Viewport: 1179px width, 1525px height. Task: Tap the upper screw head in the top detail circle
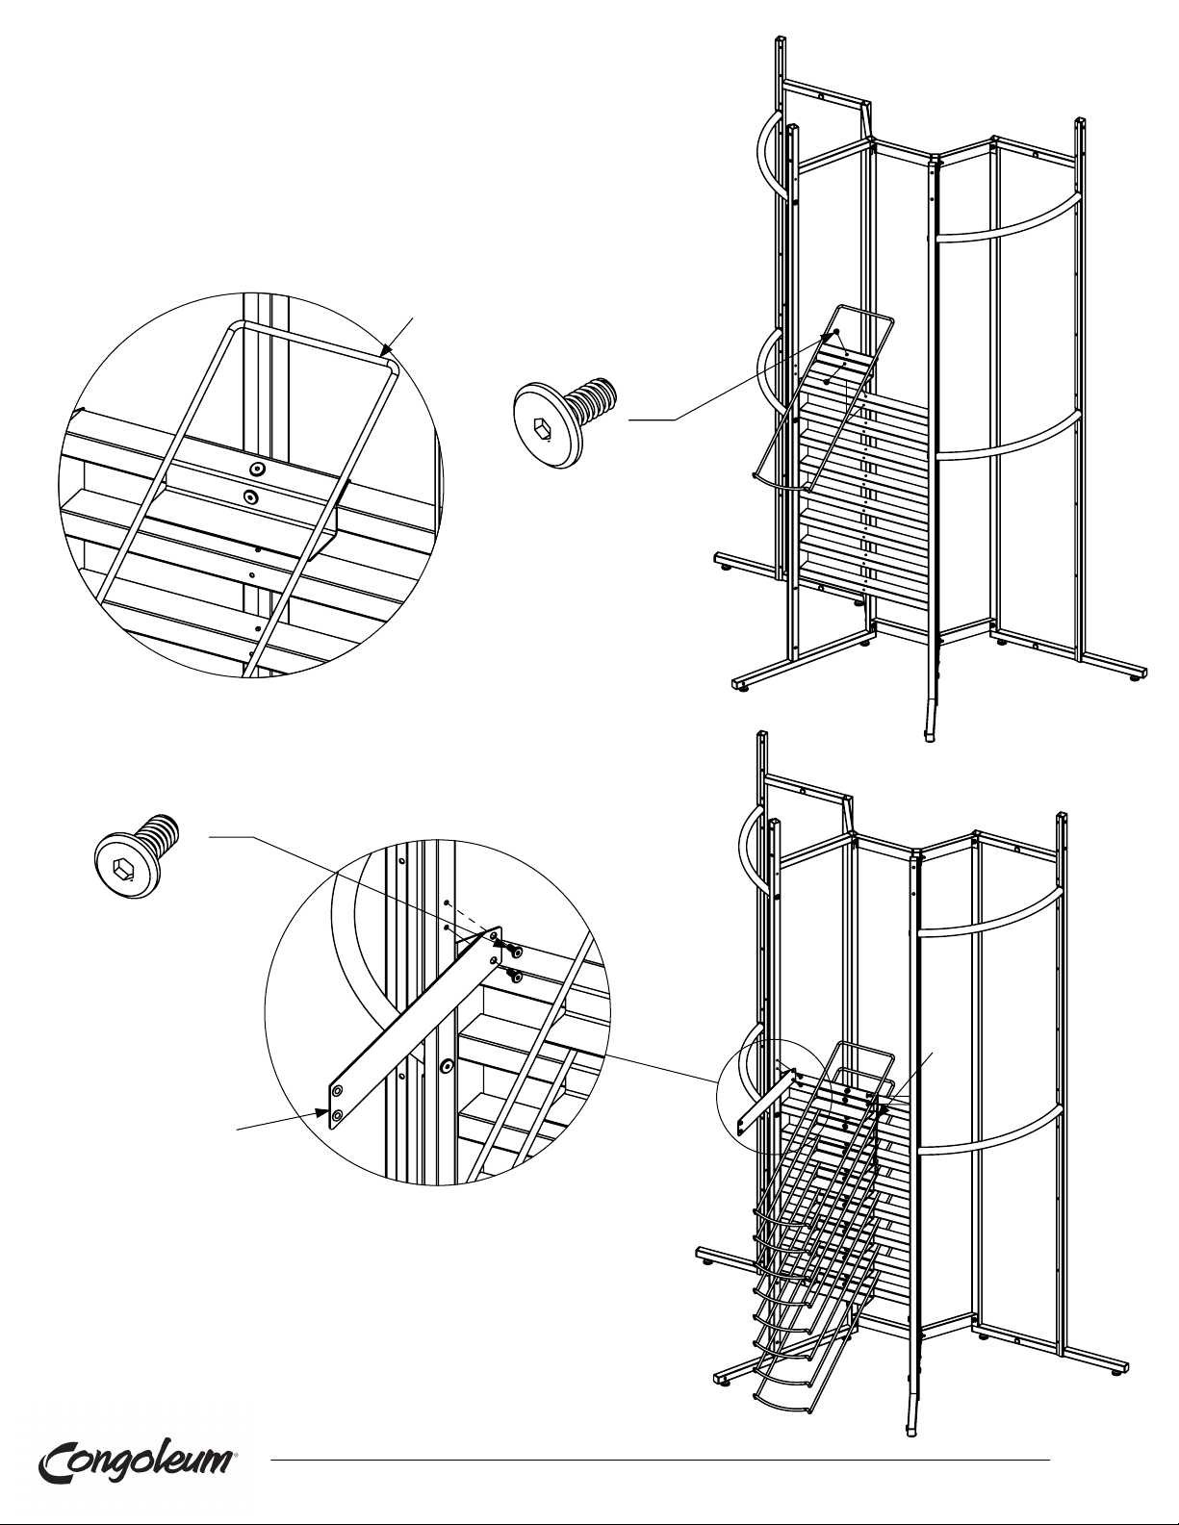pos(259,469)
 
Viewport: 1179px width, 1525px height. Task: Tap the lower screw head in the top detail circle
pos(249,496)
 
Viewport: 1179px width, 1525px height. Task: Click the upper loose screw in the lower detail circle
pos(515,951)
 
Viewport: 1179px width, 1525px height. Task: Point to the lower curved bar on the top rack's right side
pos(1007,439)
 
